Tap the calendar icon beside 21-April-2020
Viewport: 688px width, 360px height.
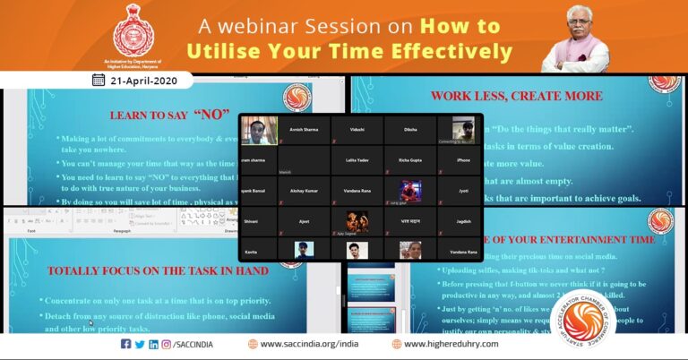(x=98, y=80)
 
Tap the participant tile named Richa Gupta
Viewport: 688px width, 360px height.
(x=410, y=159)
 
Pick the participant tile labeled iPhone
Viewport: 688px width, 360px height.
(x=462, y=159)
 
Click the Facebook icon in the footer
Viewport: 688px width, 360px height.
(x=125, y=344)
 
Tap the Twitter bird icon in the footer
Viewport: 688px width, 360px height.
(x=140, y=344)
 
